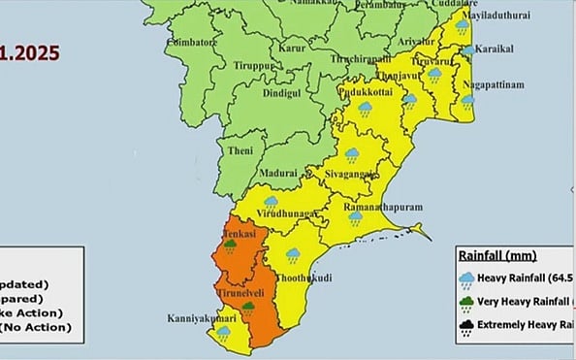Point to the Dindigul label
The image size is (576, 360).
[x=282, y=96]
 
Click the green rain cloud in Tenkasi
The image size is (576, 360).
[x=232, y=246]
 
